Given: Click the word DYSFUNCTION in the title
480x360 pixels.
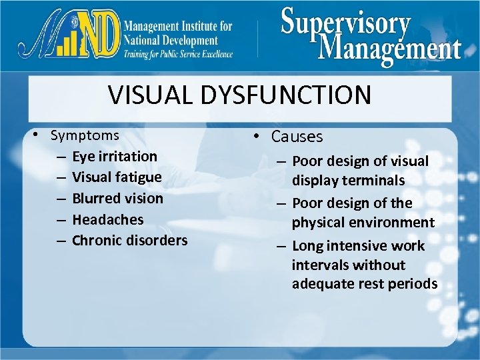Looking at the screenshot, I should [x=286, y=95].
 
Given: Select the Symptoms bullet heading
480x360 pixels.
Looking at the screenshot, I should [x=85, y=135].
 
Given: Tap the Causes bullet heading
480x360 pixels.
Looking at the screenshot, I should [x=297, y=137].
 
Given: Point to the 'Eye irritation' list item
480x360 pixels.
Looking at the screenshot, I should [x=115, y=157].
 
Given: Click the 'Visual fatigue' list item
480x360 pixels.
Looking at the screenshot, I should [x=117, y=177].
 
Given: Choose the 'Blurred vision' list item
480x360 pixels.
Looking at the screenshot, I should [x=117, y=199].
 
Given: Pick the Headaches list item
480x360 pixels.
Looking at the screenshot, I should [x=107, y=219].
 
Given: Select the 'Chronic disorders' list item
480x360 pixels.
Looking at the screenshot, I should [x=129, y=240].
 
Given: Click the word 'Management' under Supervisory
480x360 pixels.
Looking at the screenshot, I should [x=390, y=49].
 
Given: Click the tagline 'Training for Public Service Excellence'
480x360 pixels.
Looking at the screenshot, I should [x=177, y=55].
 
